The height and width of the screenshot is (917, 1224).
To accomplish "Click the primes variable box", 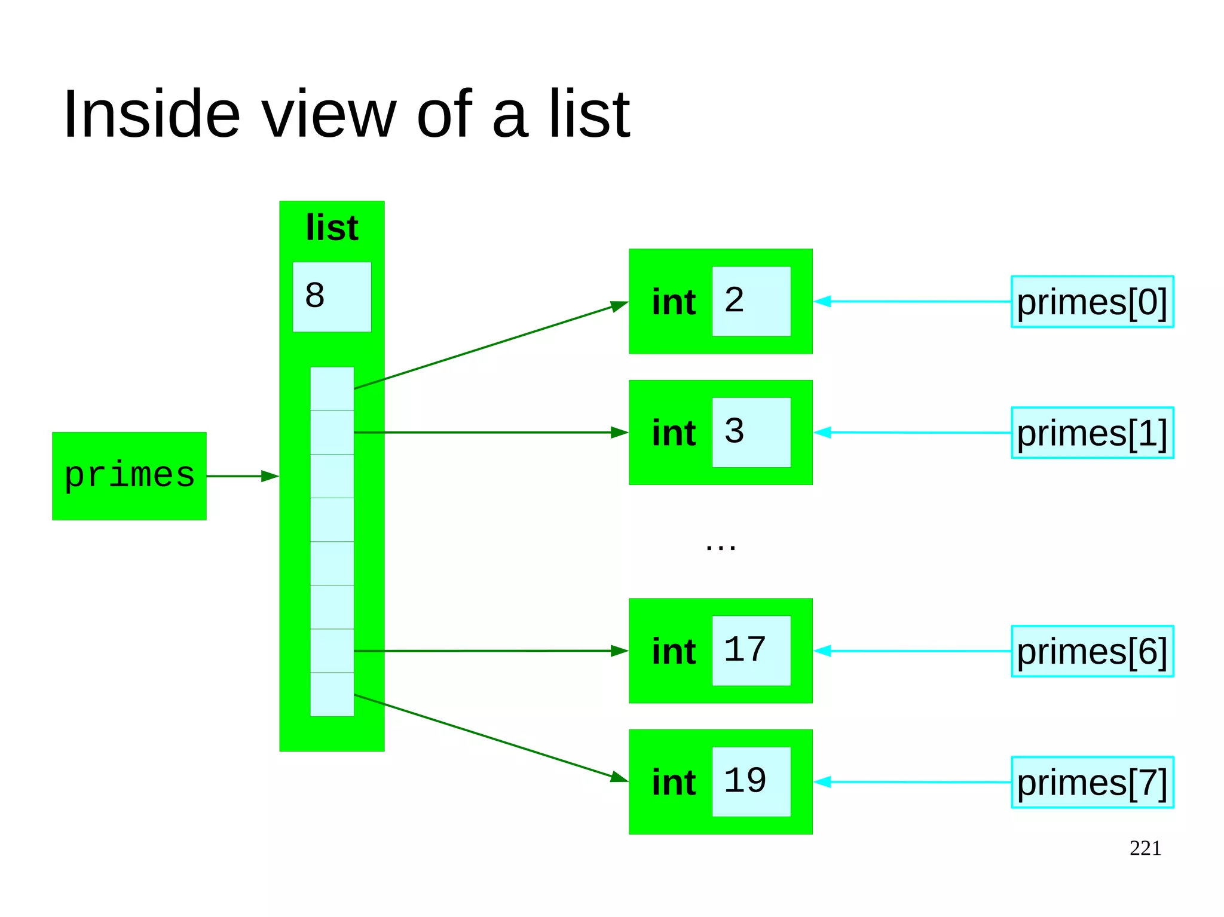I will [x=129, y=476].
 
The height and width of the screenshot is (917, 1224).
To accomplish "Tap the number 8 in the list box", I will [x=315, y=295].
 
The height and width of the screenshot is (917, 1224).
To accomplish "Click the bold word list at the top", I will [x=332, y=228].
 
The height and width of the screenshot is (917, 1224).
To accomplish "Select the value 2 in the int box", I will [x=735, y=300].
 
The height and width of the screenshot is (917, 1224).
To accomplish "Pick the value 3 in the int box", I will [x=735, y=431].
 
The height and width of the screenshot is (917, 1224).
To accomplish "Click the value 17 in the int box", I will [x=745, y=649].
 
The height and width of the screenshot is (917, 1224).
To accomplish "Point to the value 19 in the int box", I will [x=745, y=780].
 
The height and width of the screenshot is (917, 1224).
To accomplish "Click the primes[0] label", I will [x=1092, y=302].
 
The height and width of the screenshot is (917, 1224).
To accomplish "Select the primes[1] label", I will [x=1092, y=433].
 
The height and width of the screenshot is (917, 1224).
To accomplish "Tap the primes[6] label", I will [x=1092, y=651].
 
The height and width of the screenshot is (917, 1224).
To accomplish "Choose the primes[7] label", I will [x=1092, y=782].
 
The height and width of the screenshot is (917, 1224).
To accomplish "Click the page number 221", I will [x=1145, y=848].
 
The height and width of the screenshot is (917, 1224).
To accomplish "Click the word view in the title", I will [x=329, y=114].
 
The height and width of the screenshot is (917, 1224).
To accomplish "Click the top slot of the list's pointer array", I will [x=332, y=389].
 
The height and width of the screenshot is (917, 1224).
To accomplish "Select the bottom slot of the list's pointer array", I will [x=332, y=694].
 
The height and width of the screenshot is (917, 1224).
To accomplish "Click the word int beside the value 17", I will [x=674, y=651].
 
